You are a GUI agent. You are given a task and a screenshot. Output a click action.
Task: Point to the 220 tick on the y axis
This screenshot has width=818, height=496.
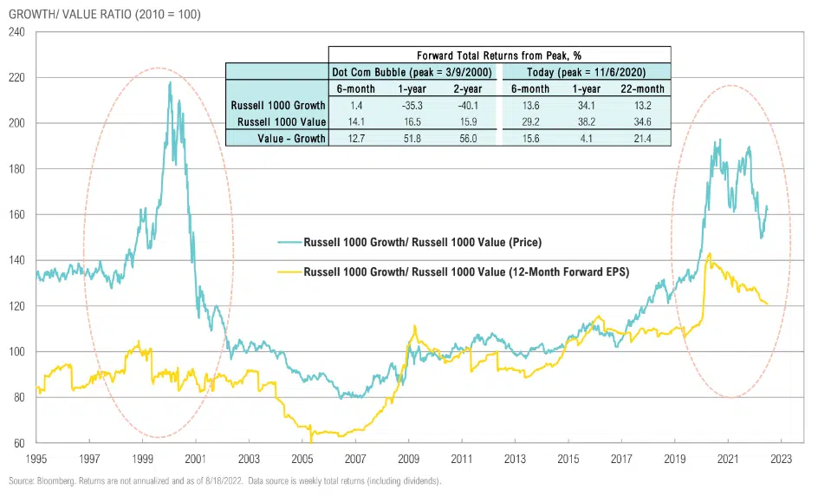pyautogui.click(x=17, y=77)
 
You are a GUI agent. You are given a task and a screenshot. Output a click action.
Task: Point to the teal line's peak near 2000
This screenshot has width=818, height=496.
pyautogui.click(x=169, y=83)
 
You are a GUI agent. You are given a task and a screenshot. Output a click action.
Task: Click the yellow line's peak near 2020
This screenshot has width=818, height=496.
pyautogui.click(x=710, y=254)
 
